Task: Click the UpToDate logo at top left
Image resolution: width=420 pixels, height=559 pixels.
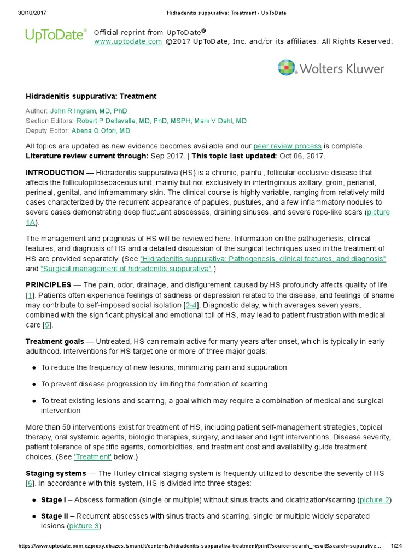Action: click(56, 35)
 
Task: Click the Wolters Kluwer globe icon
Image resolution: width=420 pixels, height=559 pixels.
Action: click(287, 68)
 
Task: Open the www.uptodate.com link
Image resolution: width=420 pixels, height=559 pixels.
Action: click(128, 41)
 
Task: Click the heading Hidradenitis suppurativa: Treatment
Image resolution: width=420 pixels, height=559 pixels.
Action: click(91, 96)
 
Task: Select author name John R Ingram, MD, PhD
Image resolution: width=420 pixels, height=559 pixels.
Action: click(89, 111)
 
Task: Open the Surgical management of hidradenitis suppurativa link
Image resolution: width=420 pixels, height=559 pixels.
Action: click(126, 269)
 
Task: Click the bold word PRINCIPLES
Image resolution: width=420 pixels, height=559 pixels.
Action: click(48, 285)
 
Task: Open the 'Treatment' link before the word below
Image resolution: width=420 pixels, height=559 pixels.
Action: click(92, 456)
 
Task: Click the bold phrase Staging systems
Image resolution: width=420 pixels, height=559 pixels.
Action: click(56, 473)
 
